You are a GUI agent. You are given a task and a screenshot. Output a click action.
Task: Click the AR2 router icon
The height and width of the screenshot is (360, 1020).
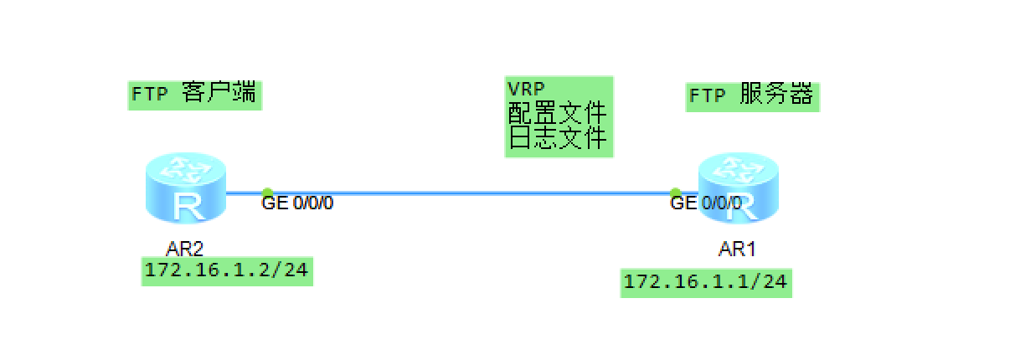click(185, 191)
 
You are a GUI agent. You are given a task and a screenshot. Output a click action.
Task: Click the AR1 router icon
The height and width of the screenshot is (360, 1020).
click(739, 192)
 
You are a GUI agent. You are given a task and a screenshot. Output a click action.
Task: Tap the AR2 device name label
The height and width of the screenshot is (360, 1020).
click(185, 247)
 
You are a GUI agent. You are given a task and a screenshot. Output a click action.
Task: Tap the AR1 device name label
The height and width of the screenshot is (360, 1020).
click(738, 249)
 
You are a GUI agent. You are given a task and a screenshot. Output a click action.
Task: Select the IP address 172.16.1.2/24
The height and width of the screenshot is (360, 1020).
click(228, 271)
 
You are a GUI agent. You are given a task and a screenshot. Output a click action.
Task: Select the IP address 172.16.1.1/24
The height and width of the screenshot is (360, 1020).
click(706, 282)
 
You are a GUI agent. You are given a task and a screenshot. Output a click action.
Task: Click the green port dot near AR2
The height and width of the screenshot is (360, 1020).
click(267, 193)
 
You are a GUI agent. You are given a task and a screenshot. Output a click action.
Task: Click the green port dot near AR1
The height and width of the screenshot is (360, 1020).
click(675, 193)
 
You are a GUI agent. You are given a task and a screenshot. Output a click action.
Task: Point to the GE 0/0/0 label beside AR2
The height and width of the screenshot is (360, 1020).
click(298, 203)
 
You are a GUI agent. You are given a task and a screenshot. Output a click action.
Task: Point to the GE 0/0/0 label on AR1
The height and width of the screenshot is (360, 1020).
click(706, 203)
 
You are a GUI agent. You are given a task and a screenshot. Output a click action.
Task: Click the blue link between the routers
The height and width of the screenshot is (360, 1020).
click(469, 193)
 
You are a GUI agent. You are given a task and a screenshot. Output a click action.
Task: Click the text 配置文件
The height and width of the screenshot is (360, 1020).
click(557, 112)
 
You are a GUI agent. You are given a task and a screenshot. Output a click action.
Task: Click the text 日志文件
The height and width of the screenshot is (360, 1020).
click(557, 136)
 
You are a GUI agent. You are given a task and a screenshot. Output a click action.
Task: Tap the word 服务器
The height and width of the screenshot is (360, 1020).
click(776, 95)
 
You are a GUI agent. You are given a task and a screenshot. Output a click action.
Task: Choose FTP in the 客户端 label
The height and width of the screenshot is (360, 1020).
click(150, 94)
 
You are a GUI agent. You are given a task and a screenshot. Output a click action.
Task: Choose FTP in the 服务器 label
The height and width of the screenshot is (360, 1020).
click(708, 96)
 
